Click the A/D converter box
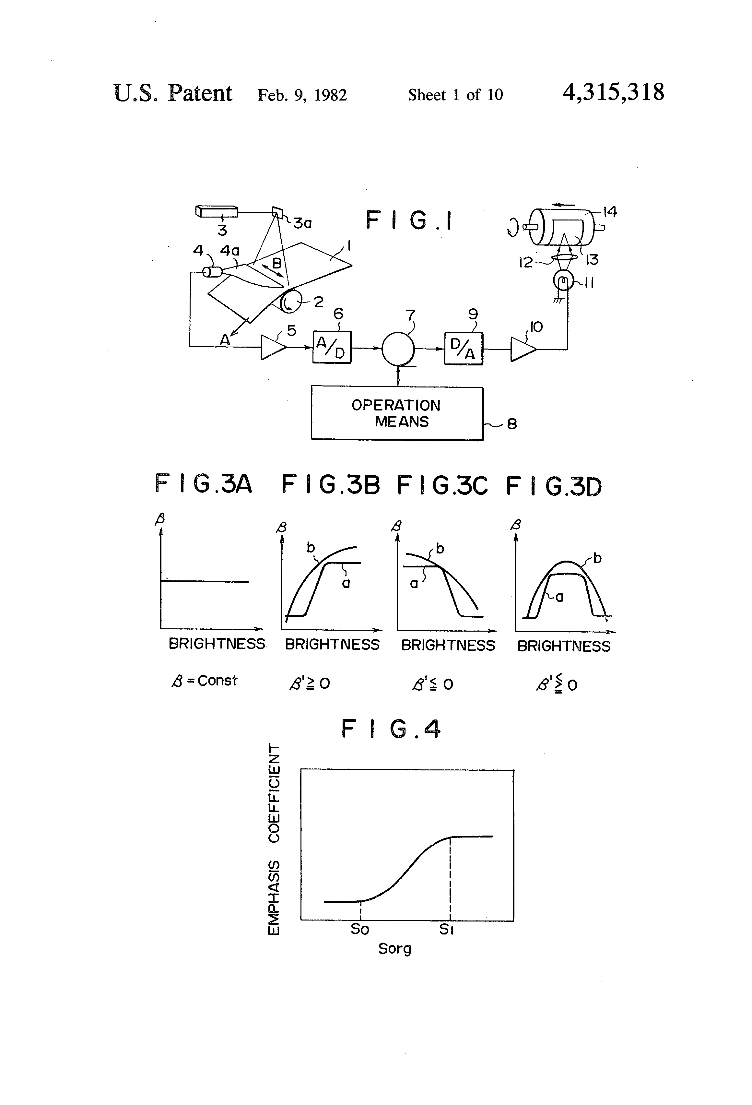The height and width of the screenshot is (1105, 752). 331,348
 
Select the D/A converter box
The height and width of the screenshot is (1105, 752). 463,349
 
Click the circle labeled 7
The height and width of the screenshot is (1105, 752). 398,349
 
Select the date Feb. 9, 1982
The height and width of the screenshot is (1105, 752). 302,95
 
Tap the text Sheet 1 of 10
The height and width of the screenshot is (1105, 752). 455,95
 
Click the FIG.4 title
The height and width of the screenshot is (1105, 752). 391,729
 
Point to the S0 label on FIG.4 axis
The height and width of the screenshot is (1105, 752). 359,929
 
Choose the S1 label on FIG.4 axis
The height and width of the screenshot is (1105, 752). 446,929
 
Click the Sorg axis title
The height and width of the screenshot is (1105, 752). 394,949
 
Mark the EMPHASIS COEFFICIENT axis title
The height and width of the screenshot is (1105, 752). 274,839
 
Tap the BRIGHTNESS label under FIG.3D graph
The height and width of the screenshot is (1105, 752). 564,646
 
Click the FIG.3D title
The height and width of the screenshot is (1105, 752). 554,486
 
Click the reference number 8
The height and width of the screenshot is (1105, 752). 511,424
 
